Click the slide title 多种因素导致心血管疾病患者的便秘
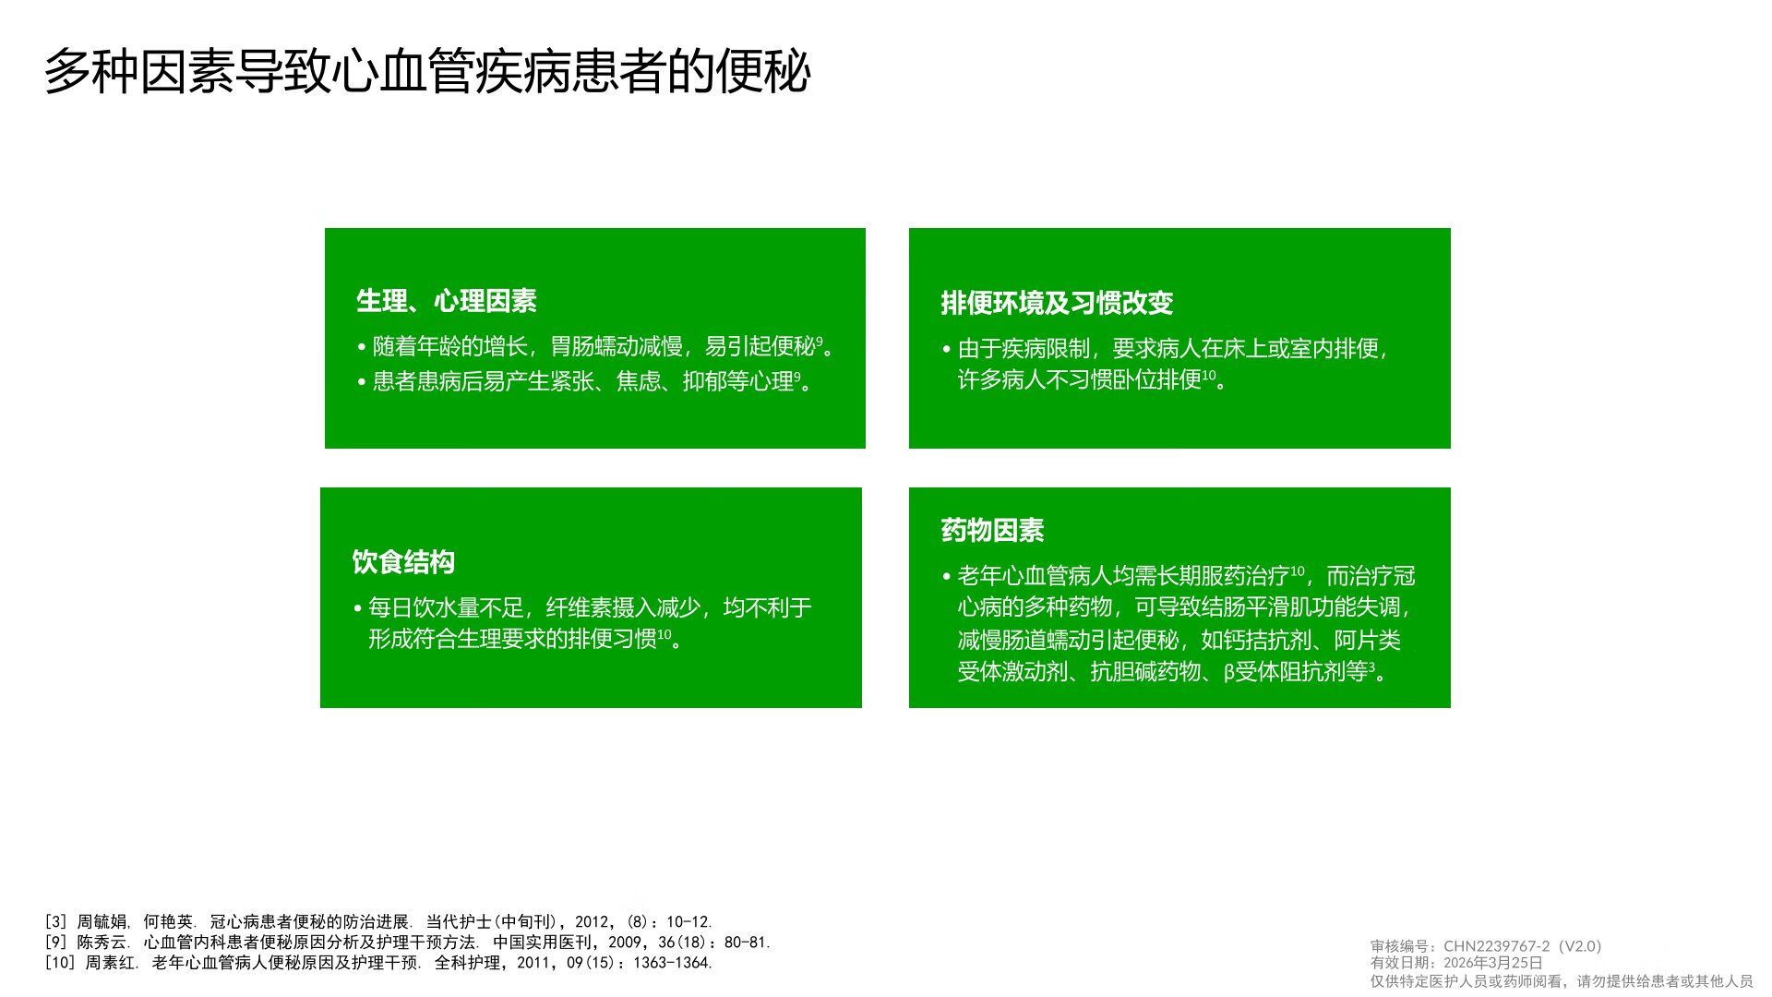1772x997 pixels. (427, 71)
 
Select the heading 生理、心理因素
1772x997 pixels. (447, 300)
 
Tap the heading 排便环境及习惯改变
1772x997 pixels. (1057, 303)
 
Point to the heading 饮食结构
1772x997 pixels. (403, 561)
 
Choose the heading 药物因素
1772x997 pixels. (992, 530)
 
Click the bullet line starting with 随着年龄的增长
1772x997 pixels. (596, 346)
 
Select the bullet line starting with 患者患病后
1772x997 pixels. (585, 381)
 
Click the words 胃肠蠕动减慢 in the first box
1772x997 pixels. (617, 346)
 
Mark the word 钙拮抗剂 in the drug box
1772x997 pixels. (1267, 640)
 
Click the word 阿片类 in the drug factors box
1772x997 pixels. (1368, 640)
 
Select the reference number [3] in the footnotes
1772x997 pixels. (56, 921)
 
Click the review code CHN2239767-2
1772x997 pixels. (1497, 946)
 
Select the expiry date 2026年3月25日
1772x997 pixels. (1493, 963)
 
